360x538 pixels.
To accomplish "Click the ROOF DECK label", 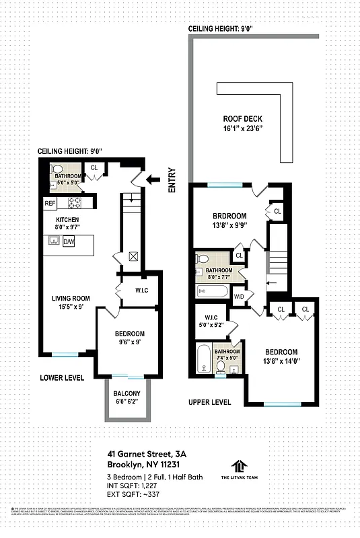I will (242, 115).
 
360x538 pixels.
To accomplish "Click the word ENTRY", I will (172, 181).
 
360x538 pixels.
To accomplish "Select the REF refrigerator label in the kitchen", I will (50, 202).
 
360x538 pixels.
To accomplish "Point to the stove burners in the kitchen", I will (75, 202).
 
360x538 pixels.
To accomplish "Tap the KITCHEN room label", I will (68, 220).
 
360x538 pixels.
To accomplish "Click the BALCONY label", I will (127, 394).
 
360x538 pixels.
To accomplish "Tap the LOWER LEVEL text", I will (61, 378).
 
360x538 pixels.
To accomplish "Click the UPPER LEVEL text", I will (210, 402).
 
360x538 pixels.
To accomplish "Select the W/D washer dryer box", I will (239, 296).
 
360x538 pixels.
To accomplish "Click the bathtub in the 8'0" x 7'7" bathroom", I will (213, 291).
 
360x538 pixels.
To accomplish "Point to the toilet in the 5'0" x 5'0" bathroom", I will (57, 169).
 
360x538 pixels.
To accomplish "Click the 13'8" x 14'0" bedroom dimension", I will (281, 362).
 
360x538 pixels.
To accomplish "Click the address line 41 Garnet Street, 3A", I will (147, 454).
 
